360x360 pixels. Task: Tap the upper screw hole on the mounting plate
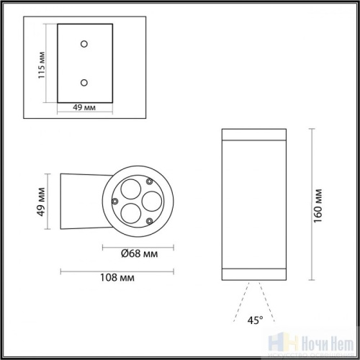[85, 45]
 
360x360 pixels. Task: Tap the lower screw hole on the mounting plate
[85, 82]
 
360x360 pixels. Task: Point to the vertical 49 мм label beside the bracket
[42, 202]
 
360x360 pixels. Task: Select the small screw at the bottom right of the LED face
[149, 220]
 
